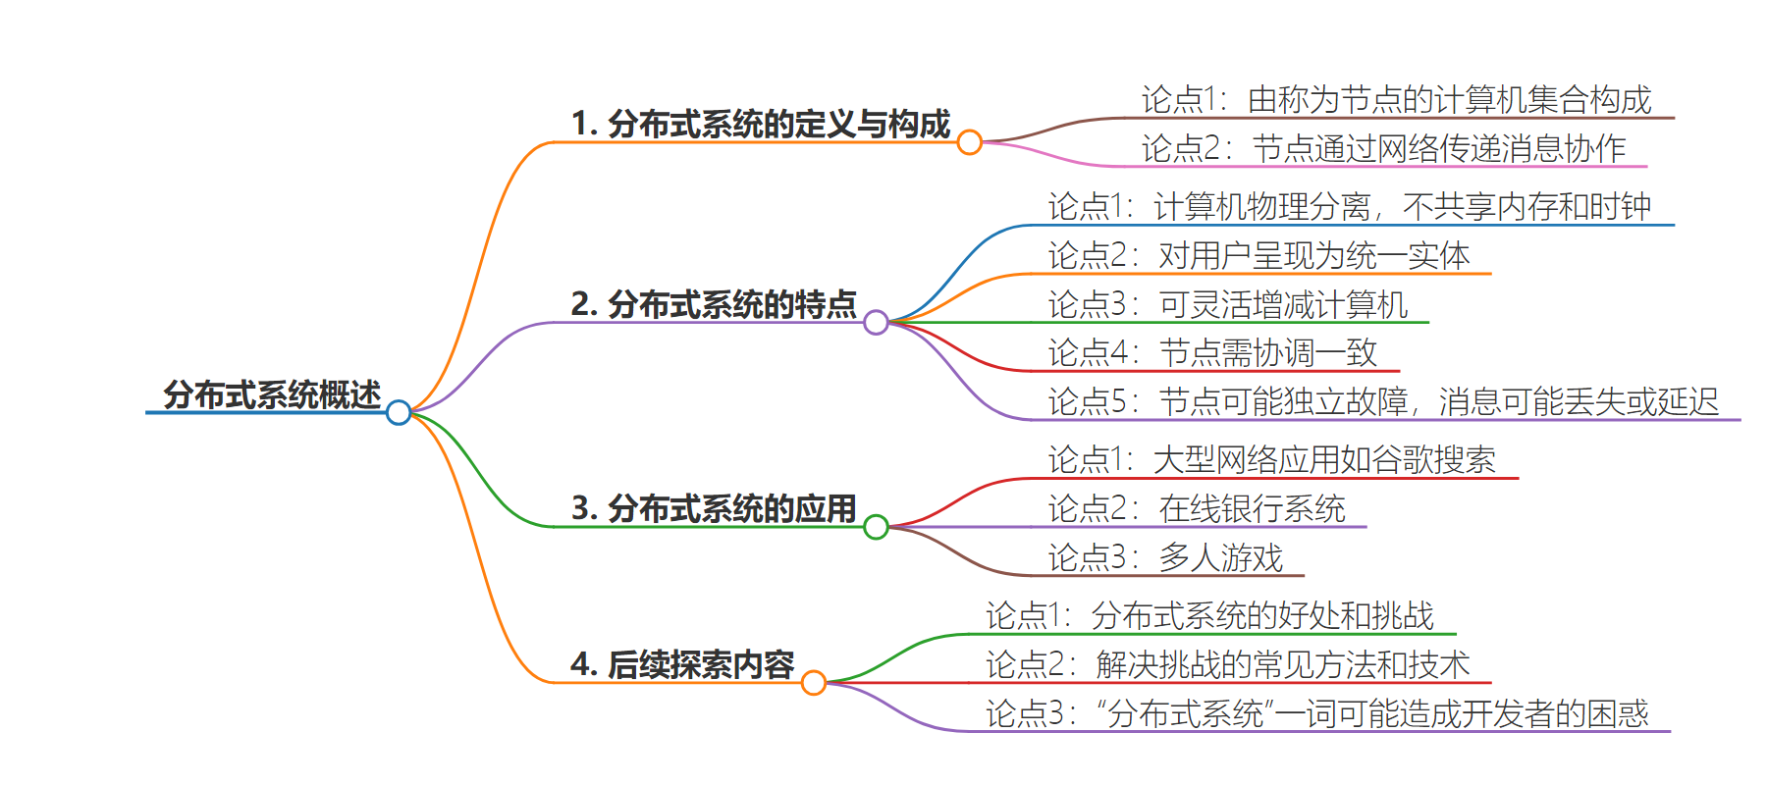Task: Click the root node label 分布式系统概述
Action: coord(272,394)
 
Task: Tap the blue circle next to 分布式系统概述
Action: coord(399,412)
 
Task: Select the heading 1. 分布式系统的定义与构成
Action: coord(761,124)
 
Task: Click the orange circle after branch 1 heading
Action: coord(970,142)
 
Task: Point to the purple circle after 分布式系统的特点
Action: coord(877,322)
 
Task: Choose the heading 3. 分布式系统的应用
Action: coord(714,508)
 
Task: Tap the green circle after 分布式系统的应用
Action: coord(877,527)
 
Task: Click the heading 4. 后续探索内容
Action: coord(682,664)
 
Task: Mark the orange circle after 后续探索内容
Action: coord(814,682)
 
